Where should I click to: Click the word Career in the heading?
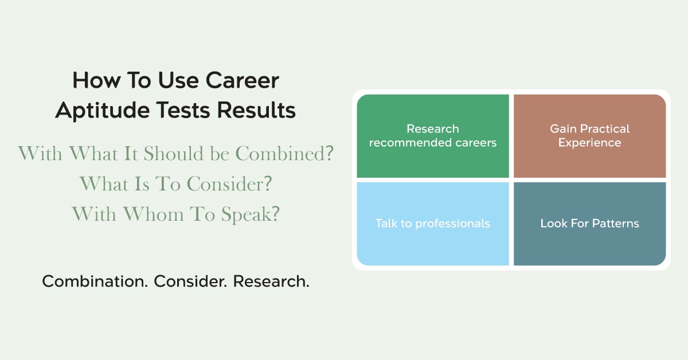click(242, 80)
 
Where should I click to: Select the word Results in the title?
click(256, 110)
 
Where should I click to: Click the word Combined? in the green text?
click(284, 153)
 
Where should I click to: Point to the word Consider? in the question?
click(229, 183)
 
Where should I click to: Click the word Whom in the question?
click(154, 214)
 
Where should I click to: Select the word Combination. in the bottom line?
click(95, 281)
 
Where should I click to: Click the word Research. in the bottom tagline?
click(271, 281)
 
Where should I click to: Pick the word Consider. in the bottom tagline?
click(190, 281)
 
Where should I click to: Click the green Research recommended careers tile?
click(433, 136)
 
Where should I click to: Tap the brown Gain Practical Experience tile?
click(590, 136)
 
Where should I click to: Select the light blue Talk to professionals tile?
click(433, 224)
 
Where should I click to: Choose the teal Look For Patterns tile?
click(590, 224)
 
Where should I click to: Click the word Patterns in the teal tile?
click(616, 224)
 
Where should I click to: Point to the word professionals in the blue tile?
click(452, 224)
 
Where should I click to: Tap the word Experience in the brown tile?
click(590, 143)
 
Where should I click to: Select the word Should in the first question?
click(174, 153)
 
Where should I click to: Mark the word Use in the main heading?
click(178, 80)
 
